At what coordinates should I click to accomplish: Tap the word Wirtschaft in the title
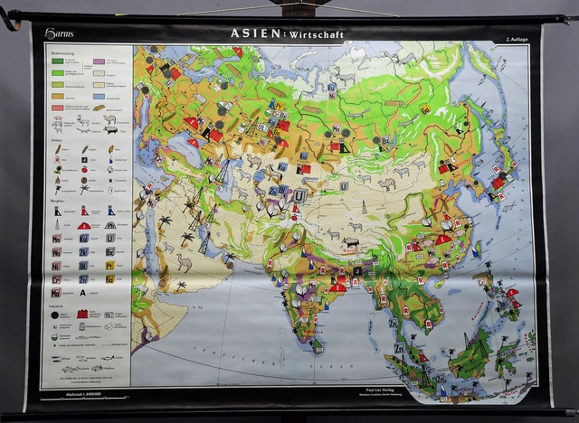click(x=316, y=34)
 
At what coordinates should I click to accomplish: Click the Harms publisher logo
click(x=62, y=34)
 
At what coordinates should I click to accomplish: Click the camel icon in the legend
click(x=109, y=117)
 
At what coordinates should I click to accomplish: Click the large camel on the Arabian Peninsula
click(x=184, y=262)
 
